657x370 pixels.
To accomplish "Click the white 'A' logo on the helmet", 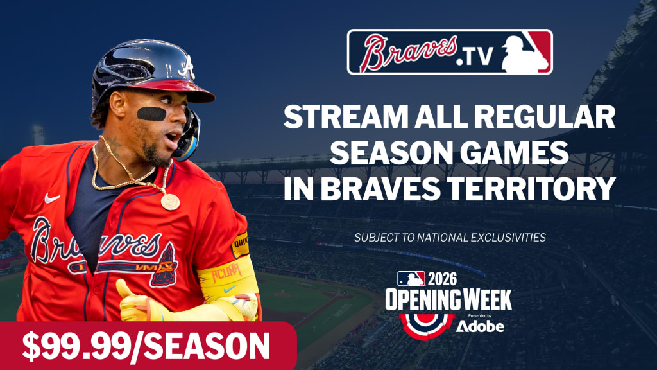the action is pos(187,67).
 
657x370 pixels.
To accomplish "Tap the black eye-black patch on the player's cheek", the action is pos(151,114).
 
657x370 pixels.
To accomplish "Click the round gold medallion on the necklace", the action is pos(170,202).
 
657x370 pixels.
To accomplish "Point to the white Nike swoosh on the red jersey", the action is pos(52,198).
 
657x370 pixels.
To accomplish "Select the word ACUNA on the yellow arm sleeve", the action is pos(226,273).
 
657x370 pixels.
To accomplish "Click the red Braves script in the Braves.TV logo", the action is pos(408,52).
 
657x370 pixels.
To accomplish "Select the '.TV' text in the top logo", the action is pos(475,57).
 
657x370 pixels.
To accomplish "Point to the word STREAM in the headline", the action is pos(345,117).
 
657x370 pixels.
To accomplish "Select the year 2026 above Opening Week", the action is pos(442,279).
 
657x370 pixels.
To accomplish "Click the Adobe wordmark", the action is pos(480,326).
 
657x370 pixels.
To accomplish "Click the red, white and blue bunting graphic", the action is pos(427,325).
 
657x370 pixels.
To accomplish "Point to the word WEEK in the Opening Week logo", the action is pos(486,299).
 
